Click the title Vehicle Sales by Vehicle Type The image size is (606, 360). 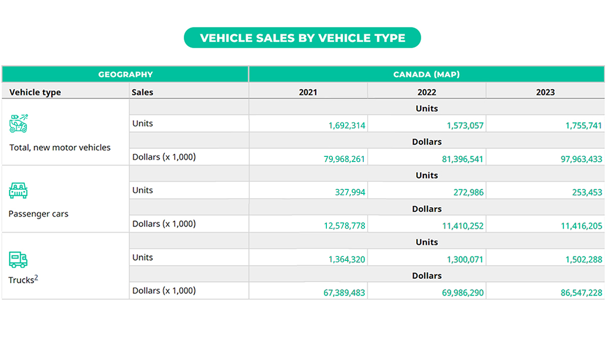(302, 38)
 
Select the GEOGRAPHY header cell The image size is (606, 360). (125, 74)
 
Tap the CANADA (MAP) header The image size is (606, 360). (426, 74)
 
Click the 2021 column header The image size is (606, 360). (308, 92)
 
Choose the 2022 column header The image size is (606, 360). (426, 92)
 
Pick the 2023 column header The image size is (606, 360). (545, 92)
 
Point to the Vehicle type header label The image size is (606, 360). (35, 92)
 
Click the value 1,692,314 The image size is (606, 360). (347, 125)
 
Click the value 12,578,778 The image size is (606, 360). (344, 226)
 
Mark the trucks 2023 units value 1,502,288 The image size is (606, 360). (584, 259)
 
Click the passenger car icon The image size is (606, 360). (18, 190)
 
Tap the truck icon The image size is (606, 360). (18, 259)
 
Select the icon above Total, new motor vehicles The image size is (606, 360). (19, 123)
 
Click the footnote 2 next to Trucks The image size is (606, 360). (37, 278)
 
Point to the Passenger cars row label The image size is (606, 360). (39, 214)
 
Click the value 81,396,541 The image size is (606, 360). (462, 159)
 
